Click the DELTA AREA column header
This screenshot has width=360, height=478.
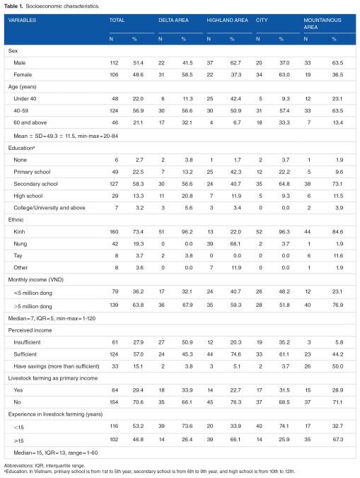pos(173,20)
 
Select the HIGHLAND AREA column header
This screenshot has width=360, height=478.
pos(227,20)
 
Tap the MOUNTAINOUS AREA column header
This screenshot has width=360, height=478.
pos(323,23)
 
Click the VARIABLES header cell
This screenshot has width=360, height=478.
pos(22,20)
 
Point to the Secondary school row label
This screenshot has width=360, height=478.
pos(35,184)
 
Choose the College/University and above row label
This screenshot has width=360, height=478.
pos(50,208)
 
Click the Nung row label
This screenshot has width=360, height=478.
pos(20,243)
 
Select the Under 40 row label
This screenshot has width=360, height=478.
pos(25,98)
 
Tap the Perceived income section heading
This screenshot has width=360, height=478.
pos(30,330)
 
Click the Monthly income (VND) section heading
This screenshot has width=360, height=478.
pos(35,279)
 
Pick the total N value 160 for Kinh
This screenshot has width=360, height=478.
pos(114,232)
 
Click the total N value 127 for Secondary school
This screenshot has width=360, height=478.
pos(114,184)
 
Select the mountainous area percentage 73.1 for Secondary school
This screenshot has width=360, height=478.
pos(337,184)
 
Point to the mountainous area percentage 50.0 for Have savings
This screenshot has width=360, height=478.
pos(337,366)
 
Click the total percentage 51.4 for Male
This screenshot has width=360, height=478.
pos(138,63)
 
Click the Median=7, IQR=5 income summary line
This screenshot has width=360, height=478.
pos(52,318)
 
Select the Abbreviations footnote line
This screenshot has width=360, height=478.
pos(44,465)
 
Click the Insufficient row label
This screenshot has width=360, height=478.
pos(27,342)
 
